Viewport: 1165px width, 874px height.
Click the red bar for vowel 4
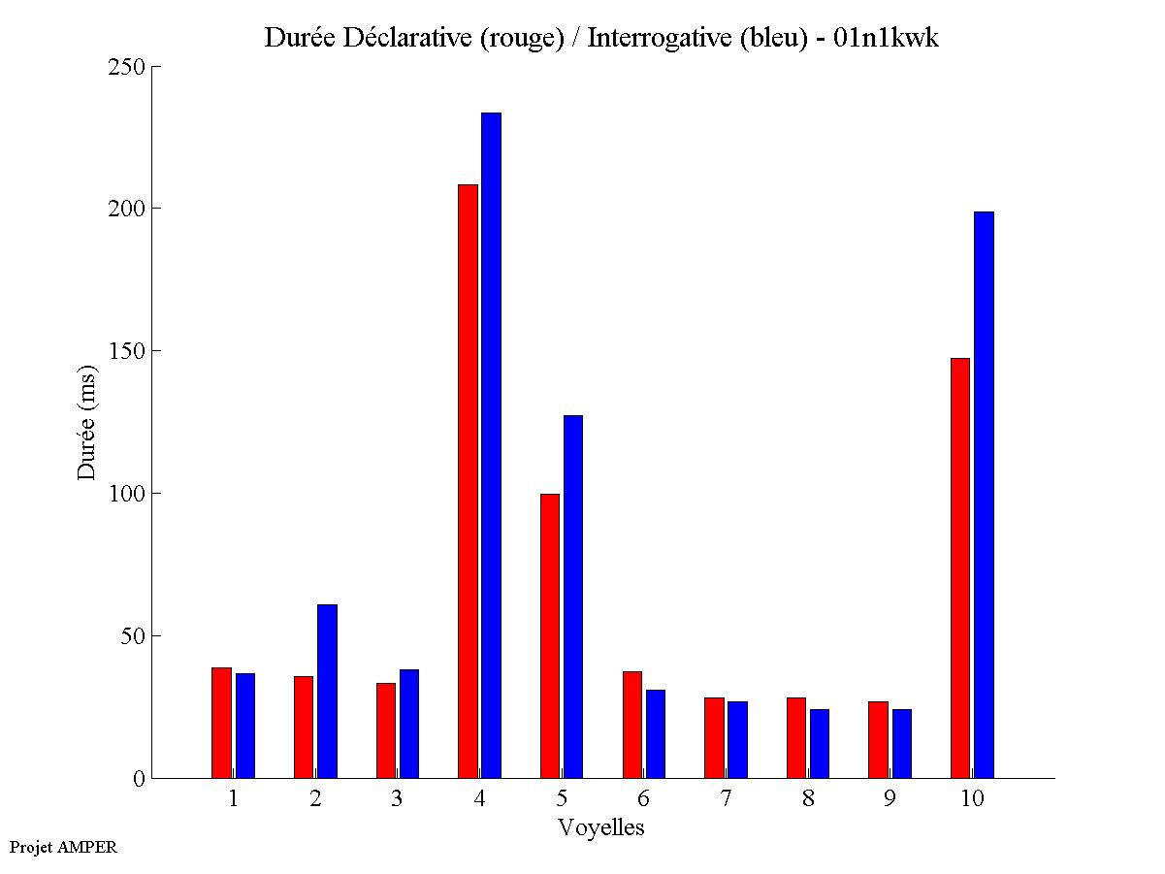468,481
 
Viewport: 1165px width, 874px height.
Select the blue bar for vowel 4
492,445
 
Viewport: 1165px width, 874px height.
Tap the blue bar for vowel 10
984,495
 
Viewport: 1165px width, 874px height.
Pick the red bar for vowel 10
960,567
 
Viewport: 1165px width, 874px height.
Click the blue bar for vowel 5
573,597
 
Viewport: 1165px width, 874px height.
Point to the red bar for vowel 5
550,635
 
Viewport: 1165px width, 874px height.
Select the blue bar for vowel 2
327,691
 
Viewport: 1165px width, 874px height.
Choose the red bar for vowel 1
221,723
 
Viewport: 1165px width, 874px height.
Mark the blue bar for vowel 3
409,724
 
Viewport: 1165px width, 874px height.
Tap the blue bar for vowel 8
820,743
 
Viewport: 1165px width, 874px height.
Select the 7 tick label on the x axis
726,799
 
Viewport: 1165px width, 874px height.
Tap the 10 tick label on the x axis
972,799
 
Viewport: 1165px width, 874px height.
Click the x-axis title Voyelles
601,827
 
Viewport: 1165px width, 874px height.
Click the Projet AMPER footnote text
63,847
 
